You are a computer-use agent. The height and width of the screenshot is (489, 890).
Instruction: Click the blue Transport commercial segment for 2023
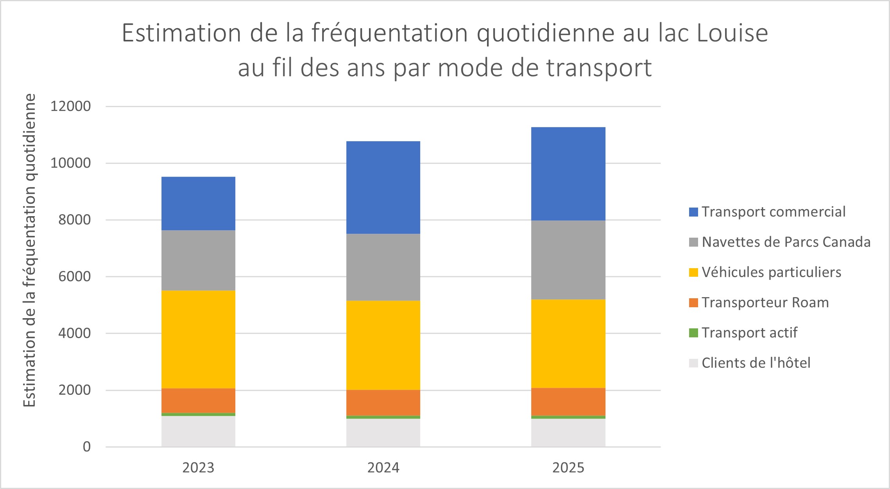click(x=198, y=203)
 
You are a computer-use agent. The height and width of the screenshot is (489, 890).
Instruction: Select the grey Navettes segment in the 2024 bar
click(x=383, y=267)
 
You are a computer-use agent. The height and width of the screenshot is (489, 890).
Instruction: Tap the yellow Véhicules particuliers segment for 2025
click(x=568, y=344)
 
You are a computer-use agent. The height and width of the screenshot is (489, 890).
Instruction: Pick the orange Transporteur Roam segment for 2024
click(x=383, y=402)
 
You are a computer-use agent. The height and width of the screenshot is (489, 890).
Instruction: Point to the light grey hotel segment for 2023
click(x=198, y=431)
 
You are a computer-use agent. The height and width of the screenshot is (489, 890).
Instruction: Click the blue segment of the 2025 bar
click(x=568, y=174)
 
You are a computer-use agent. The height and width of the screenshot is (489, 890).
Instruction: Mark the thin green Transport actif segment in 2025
click(x=568, y=417)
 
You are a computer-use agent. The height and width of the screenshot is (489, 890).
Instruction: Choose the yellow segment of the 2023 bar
click(x=198, y=339)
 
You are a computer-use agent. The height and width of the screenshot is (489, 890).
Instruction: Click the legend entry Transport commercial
click(x=773, y=212)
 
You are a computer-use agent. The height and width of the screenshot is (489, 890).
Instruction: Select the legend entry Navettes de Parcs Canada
click(x=786, y=242)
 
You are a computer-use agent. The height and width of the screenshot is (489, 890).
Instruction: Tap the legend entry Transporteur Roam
click(x=765, y=303)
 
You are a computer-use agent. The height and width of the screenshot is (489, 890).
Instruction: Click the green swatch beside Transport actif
click(x=693, y=333)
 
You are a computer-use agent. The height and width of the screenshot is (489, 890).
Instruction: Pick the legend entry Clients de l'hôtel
click(x=756, y=363)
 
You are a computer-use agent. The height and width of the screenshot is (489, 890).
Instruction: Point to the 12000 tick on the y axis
click(x=70, y=106)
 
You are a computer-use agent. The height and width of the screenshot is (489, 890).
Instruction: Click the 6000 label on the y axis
click(x=74, y=276)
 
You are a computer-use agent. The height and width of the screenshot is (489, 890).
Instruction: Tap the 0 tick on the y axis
click(x=86, y=447)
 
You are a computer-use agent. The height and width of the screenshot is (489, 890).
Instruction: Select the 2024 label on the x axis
click(x=383, y=468)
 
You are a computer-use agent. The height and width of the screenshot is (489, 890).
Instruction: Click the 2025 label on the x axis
click(x=568, y=468)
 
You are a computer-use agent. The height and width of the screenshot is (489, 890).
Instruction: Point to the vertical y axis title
click(x=29, y=250)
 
